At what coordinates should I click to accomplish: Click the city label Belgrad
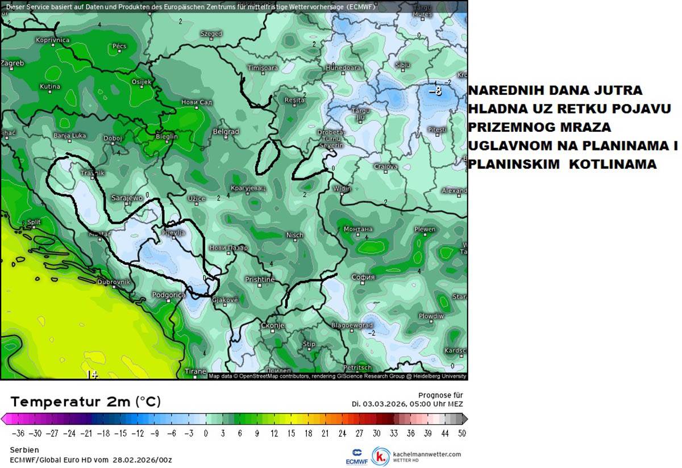[225, 132]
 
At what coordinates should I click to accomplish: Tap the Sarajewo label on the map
[127, 198]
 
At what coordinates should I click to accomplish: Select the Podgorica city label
[169, 295]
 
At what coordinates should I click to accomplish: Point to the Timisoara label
[263, 68]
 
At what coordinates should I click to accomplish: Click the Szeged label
[211, 34]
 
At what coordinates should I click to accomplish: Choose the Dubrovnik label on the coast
[114, 282]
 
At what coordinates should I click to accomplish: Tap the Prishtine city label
[259, 279]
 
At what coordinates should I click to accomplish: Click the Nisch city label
[294, 235]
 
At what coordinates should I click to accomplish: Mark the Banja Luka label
[69, 136]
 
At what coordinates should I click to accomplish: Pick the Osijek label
[142, 82]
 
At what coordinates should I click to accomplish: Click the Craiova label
[386, 166]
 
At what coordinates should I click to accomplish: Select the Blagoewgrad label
[352, 325]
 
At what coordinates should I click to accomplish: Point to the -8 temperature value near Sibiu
[435, 91]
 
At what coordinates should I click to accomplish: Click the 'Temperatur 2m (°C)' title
[85, 402]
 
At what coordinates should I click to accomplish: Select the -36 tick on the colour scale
[19, 433]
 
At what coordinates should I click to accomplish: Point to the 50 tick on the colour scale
[462, 433]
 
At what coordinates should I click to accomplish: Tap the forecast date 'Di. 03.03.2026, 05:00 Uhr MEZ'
[407, 404]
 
